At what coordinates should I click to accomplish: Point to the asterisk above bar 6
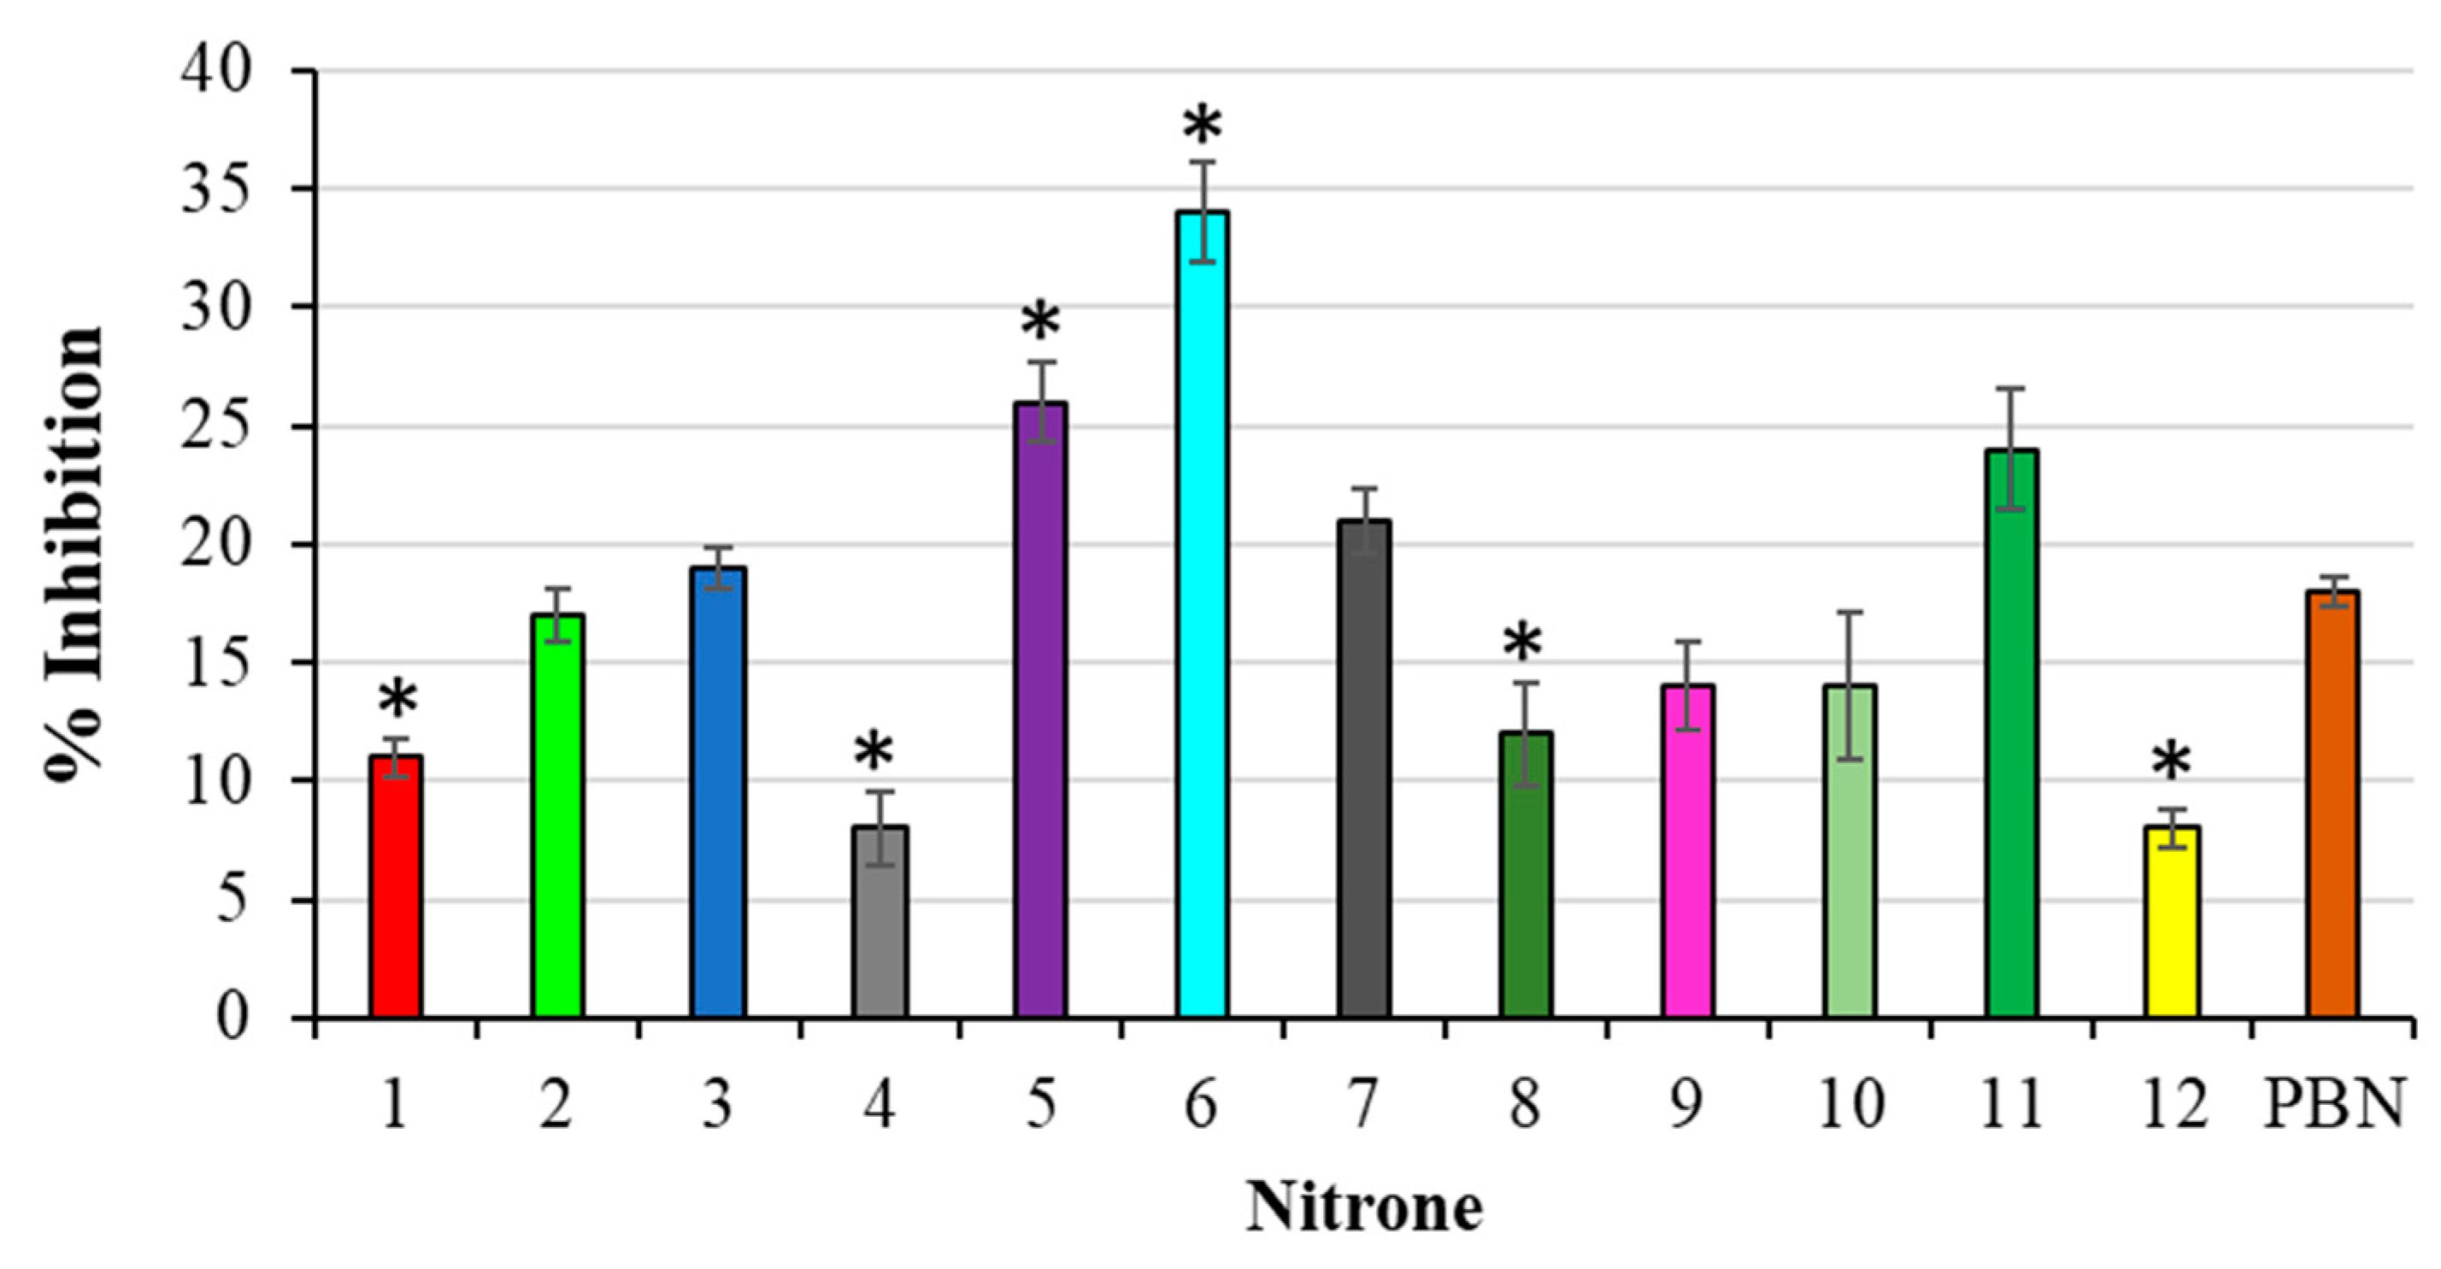tap(1203, 128)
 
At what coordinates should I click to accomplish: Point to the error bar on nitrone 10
tap(1850, 685)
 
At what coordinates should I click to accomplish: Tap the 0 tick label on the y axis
tap(232, 1018)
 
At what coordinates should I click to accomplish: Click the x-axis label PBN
tap(2333, 1105)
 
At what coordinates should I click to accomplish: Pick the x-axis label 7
tap(1362, 1105)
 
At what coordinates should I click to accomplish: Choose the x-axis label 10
tap(1850, 1105)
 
